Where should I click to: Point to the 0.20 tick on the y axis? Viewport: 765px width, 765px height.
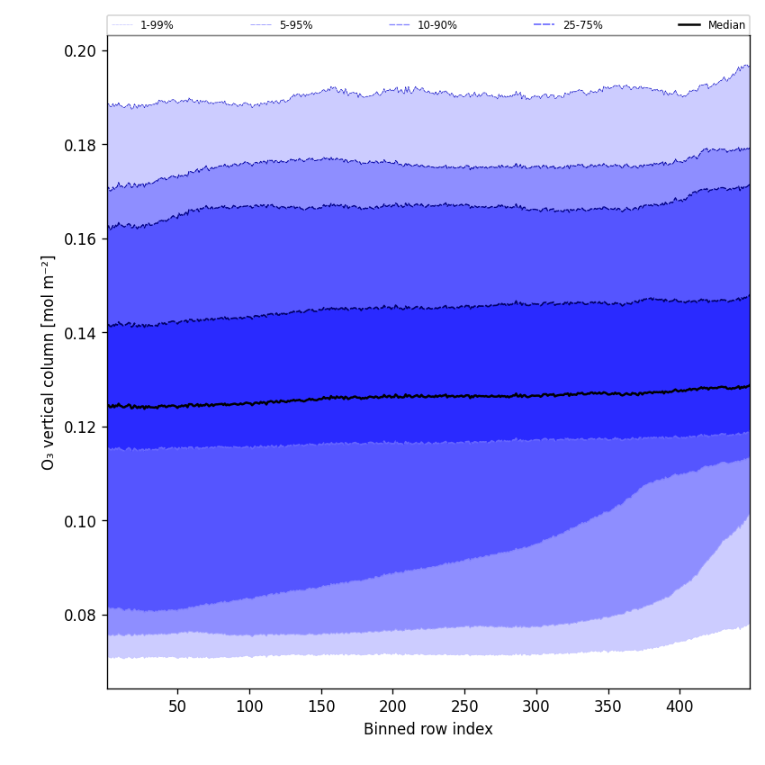click(x=80, y=50)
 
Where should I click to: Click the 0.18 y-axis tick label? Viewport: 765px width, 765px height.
click(x=80, y=145)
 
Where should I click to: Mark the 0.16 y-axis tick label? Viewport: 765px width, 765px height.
click(x=80, y=238)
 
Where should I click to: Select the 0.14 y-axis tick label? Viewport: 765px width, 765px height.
click(x=80, y=333)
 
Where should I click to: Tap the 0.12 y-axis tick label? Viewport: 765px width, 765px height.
click(x=80, y=427)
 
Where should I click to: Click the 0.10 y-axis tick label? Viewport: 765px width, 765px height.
click(x=80, y=521)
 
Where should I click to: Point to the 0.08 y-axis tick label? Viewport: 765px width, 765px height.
click(x=80, y=615)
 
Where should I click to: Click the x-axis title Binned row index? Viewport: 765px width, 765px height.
click(x=428, y=729)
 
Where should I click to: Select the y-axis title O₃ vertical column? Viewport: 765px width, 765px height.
click(x=49, y=362)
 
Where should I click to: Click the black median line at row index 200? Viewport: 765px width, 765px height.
click(x=392, y=395)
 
